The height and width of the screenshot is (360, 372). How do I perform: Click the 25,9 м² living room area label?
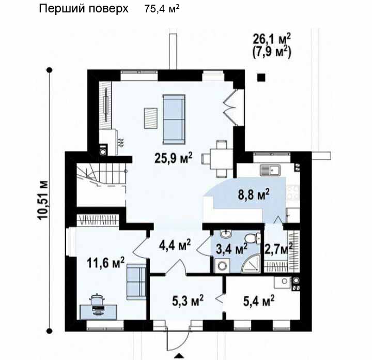point(173,158)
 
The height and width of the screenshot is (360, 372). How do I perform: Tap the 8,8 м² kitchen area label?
point(254,194)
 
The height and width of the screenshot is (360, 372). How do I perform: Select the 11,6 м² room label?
point(105,263)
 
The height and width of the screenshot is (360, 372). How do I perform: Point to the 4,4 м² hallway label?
point(175,245)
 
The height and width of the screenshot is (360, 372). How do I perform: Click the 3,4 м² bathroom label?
point(231,249)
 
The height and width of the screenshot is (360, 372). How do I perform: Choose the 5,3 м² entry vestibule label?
point(188,301)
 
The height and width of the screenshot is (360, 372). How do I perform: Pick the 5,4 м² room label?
point(259,301)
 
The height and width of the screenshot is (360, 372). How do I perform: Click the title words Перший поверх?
point(84,9)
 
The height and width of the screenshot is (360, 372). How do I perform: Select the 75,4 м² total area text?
point(162,9)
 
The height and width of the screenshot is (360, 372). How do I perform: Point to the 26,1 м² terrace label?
point(272,39)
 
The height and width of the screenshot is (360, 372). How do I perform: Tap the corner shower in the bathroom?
point(252,264)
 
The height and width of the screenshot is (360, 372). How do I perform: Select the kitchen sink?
point(270,170)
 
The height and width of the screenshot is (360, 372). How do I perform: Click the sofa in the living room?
point(174,119)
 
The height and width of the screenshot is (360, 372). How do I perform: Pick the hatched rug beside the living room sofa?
point(151,118)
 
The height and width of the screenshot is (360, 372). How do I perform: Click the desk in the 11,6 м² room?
point(99,312)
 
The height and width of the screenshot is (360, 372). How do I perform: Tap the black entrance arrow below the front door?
point(179,355)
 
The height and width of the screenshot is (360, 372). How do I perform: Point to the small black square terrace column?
point(261,78)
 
